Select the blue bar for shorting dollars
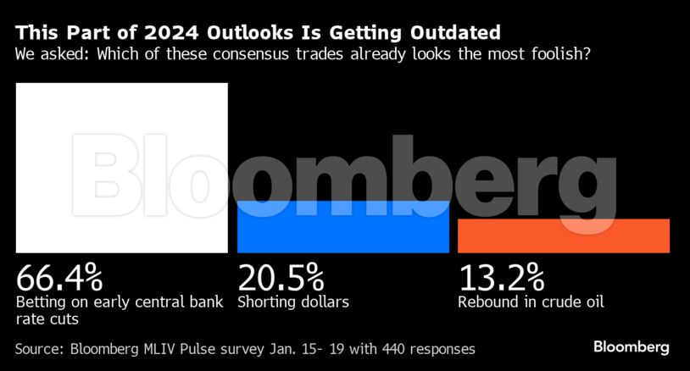[343, 226]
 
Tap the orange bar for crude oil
[564, 235]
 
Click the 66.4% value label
[58, 277]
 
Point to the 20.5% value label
[280, 277]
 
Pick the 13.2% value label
[501, 277]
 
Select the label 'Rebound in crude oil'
[531, 302]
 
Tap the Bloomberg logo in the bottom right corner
[631, 347]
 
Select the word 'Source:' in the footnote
[41, 348]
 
